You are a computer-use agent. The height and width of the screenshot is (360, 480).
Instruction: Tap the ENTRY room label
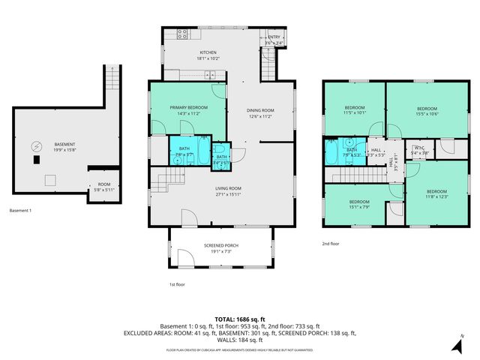[274, 37]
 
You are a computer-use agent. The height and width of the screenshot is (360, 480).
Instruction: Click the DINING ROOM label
[259, 111]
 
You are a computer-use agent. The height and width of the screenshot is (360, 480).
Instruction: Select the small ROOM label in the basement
[103, 184]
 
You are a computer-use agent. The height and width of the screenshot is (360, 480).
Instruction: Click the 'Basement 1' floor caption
[21, 211]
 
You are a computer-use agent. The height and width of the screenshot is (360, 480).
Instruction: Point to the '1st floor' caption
[178, 284]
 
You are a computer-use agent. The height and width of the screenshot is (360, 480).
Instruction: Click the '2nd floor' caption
[331, 244]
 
